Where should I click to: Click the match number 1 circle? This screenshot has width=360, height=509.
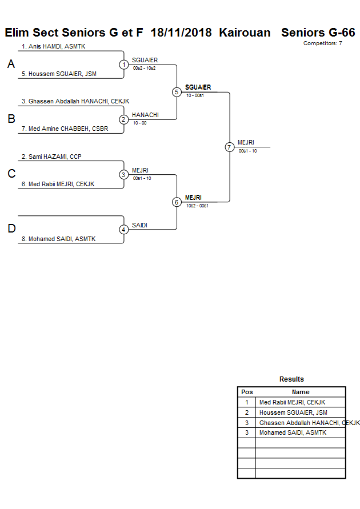point(124,65)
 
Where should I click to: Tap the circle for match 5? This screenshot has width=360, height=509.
point(177,92)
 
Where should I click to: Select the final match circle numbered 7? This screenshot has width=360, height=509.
point(230,147)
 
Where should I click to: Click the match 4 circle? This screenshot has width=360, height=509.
point(124,230)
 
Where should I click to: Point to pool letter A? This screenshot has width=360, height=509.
point(11,65)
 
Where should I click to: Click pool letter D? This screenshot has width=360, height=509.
point(11,229)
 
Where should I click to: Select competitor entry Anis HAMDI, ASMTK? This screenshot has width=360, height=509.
point(54,46)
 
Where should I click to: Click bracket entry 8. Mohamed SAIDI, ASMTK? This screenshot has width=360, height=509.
point(62,239)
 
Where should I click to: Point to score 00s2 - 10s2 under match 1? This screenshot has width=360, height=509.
point(144,68)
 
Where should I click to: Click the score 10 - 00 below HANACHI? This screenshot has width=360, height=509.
point(139,123)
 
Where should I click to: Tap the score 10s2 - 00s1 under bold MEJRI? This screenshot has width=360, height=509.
point(197,206)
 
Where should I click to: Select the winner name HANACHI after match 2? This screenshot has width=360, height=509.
point(145,115)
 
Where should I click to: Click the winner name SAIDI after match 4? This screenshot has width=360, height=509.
point(139,225)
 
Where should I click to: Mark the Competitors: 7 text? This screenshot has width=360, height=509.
point(322,43)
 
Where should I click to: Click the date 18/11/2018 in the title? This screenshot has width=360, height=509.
point(182,33)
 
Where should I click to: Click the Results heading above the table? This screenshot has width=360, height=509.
point(291,379)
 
